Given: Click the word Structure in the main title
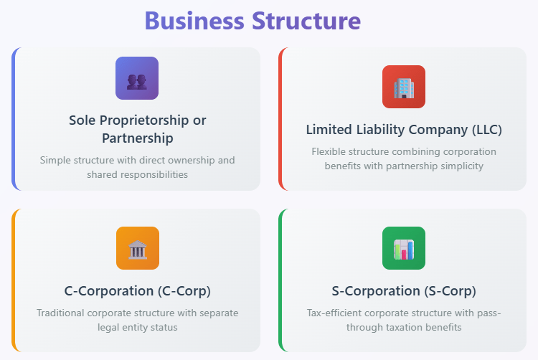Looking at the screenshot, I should tap(306, 20).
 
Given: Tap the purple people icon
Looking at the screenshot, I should tap(137, 78).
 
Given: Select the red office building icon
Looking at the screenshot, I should tap(404, 87).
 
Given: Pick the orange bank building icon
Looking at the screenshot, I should tap(137, 248).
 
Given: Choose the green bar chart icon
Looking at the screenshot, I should tap(404, 248).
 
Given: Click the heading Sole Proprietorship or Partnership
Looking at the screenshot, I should tap(137, 128).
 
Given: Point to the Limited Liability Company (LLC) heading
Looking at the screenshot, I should tap(404, 130).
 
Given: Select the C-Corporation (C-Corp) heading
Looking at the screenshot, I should tap(137, 291).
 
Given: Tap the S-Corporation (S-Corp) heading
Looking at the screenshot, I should tap(404, 291).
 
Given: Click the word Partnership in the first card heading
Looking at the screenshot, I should tap(137, 138).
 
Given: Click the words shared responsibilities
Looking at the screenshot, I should tap(137, 174).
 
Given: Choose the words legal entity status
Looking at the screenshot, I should tap(137, 327).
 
